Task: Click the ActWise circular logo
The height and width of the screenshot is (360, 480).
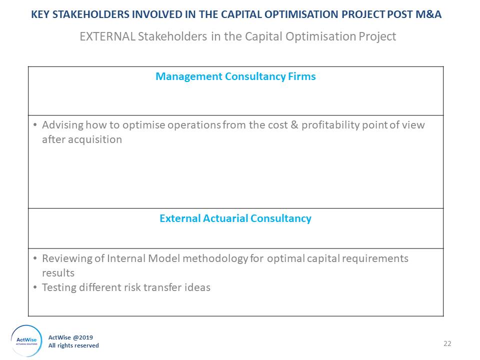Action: point(26,340)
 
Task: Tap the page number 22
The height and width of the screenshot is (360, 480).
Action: point(447,343)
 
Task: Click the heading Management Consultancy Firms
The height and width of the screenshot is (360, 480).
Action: point(235,76)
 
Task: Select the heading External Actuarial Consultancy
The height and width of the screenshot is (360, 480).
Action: point(235,218)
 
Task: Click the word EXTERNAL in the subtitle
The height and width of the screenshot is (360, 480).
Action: point(107,36)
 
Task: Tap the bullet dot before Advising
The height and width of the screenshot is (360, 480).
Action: point(35,125)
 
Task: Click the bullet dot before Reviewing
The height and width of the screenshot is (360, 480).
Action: point(35,258)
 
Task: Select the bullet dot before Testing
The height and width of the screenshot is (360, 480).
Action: point(35,287)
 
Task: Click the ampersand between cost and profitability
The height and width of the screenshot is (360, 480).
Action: point(294,125)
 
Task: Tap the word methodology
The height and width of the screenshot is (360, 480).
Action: point(215,258)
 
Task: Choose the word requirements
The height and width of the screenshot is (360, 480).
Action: point(375,258)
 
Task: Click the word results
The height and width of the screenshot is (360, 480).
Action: point(58,273)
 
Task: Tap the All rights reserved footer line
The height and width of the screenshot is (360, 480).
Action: point(73,345)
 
